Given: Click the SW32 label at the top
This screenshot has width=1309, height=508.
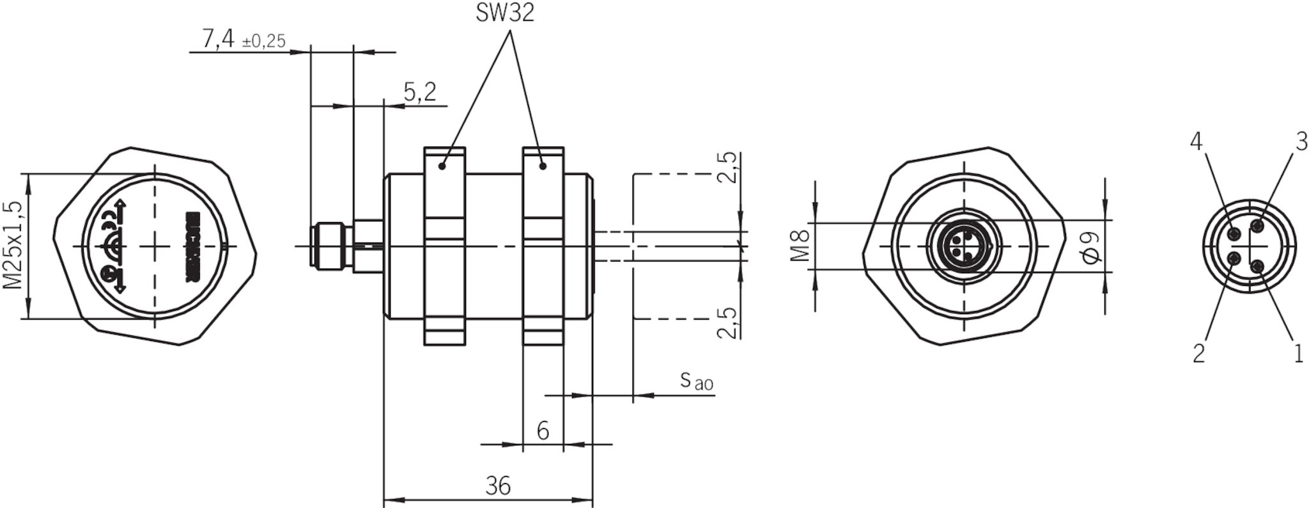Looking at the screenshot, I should (x=504, y=13).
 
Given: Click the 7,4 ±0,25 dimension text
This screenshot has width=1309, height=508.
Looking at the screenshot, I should (x=243, y=40).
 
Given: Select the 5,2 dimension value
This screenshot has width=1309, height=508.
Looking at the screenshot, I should (x=420, y=93).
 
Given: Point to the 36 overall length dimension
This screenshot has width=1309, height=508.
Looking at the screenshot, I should (x=498, y=486).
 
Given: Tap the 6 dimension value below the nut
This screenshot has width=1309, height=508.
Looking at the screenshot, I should (x=543, y=431).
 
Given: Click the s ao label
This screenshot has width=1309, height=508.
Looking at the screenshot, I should (x=695, y=381).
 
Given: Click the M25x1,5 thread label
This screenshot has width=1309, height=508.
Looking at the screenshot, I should (x=14, y=245).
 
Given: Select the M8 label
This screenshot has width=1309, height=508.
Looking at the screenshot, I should (x=800, y=246).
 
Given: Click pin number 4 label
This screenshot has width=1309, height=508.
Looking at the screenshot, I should (x=1196, y=142).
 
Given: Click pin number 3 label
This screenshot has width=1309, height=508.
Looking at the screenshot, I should (x=1301, y=142).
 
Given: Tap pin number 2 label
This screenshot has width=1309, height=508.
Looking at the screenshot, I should (x=1198, y=353).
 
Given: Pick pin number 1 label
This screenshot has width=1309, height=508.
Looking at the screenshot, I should (x=1298, y=353).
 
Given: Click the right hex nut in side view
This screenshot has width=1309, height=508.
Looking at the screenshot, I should (x=543, y=246).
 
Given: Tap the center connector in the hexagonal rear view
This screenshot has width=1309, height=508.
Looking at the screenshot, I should (x=964, y=246).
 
